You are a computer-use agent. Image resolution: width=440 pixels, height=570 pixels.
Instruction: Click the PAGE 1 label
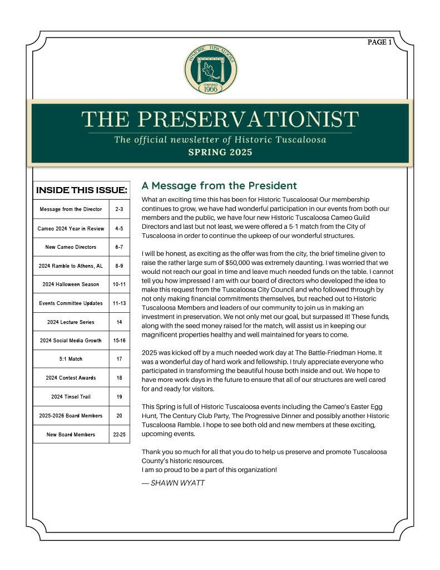[x=379, y=42]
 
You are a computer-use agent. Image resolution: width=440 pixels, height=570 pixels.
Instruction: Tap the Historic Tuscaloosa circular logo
[x=211, y=70]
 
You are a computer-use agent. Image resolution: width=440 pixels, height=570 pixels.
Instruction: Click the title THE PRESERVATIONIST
[x=220, y=119]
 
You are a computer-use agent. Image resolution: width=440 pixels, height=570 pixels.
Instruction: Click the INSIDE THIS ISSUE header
[x=81, y=190]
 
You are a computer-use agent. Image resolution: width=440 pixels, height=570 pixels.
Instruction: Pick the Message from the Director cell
[x=71, y=209]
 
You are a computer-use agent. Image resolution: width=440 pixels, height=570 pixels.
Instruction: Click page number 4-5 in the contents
[x=119, y=228]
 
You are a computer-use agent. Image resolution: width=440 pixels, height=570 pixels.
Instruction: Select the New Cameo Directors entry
[x=71, y=247]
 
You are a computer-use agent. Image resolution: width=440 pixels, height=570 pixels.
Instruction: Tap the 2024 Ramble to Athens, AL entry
[x=71, y=266]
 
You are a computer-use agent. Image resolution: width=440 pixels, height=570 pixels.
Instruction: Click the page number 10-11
[x=119, y=284]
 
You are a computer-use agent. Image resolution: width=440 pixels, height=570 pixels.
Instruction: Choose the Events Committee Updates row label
[x=71, y=303]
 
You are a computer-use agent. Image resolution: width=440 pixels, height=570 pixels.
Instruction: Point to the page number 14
[x=119, y=322]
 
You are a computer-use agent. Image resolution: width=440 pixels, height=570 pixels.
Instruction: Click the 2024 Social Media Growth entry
[x=71, y=341]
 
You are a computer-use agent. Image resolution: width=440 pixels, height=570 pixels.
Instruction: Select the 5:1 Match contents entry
[x=71, y=359]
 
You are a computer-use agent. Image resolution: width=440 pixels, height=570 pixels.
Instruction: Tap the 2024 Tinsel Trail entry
[x=71, y=397]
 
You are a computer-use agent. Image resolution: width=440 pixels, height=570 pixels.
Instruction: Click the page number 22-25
[x=119, y=434]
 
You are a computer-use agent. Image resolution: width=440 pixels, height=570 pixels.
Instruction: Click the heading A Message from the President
[x=219, y=186]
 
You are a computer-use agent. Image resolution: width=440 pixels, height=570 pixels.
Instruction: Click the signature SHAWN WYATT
[x=173, y=483]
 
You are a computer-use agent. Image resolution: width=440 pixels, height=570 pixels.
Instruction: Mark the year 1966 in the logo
[x=211, y=88]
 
